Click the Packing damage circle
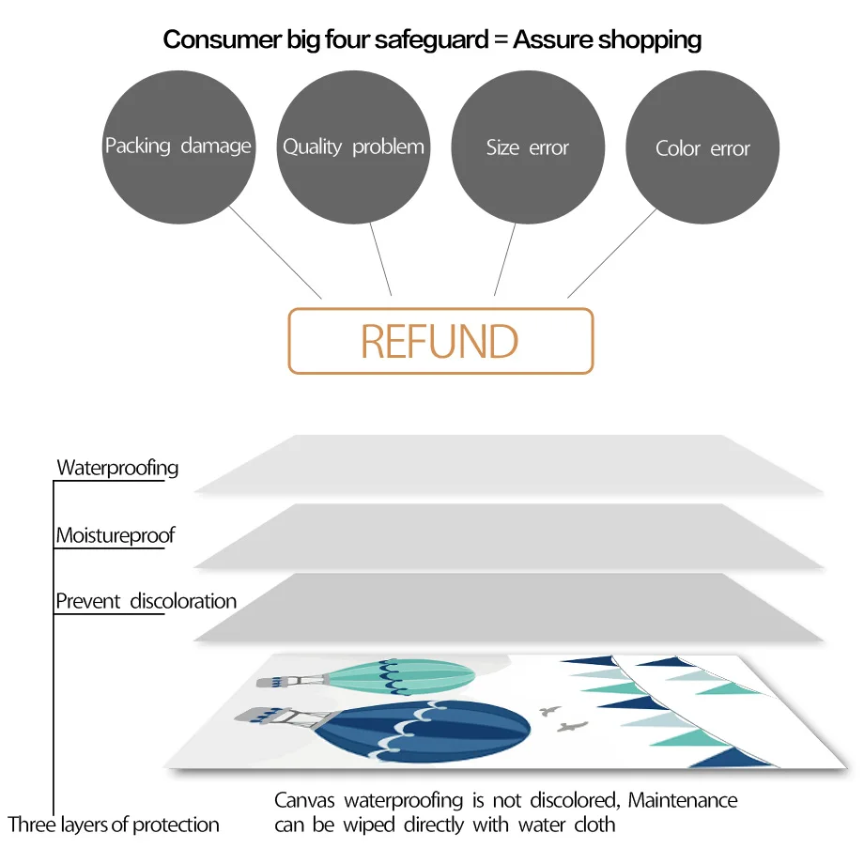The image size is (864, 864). click(177, 147)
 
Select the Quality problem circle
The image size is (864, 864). click(353, 147)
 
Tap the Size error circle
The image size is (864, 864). click(528, 147)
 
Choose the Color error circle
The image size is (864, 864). click(702, 147)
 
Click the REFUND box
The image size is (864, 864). click(440, 341)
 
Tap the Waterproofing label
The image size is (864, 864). click(117, 467)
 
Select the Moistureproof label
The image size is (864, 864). click(116, 535)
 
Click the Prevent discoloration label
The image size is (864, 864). click(146, 601)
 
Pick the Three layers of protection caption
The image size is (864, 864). click(114, 825)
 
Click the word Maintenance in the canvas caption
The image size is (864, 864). click(683, 800)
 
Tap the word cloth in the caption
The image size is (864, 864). click(594, 825)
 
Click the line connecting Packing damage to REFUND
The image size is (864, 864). click(276, 253)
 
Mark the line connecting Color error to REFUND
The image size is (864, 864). click(612, 253)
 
